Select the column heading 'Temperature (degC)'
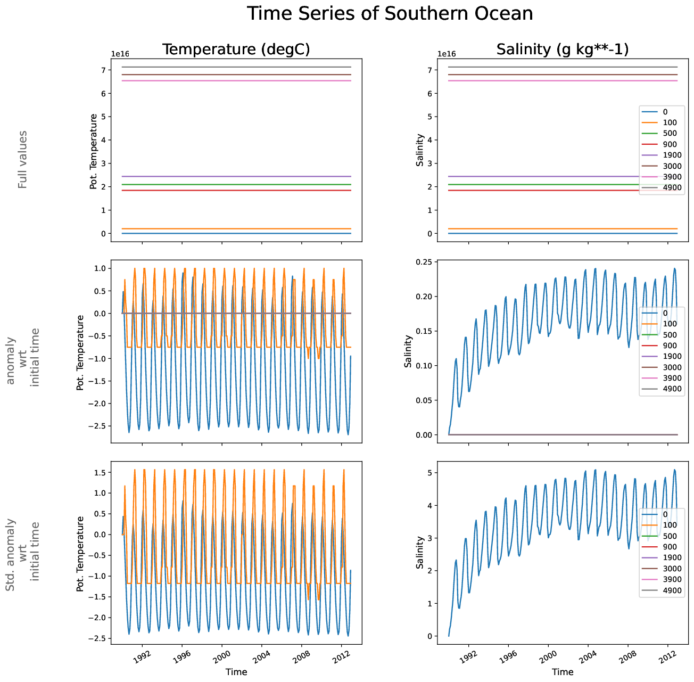pos(236,50)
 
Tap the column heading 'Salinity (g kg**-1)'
pos(563,50)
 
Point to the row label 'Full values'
pos(22,159)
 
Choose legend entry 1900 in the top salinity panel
pos(671,155)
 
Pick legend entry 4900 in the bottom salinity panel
pos(671,590)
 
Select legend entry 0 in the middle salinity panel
pos(665,313)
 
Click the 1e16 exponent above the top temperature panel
pos(120,54)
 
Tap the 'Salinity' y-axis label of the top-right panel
pos(420,150)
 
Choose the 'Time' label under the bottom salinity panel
pos(563,672)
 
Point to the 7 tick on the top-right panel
pos(429,70)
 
